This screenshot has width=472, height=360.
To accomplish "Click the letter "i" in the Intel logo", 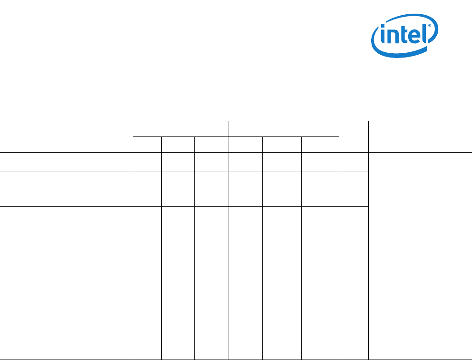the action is (382, 37).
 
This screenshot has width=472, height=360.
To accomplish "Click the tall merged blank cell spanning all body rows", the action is (420, 256).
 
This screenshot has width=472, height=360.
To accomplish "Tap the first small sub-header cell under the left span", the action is (147, 145).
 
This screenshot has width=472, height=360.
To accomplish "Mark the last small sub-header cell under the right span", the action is (320, 145).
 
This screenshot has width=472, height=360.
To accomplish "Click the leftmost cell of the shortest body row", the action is (66, 162).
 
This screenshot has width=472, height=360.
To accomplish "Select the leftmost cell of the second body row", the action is (66, 189).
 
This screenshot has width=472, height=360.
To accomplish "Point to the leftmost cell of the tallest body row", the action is (66, 246).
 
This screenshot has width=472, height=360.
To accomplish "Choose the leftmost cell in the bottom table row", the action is (66, 323).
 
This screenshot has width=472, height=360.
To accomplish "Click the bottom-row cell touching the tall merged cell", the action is (354, 323).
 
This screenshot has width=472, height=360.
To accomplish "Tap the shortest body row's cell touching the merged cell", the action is (354, 162).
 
